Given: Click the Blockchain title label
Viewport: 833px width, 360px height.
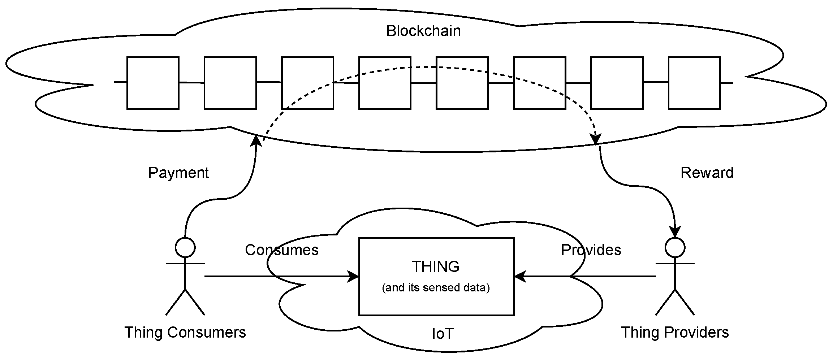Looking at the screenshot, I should tap(423, 31).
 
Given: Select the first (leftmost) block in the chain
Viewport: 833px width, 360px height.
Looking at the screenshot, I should tap(153, 83).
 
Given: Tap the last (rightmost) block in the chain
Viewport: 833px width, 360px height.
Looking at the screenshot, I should tap(694, 83).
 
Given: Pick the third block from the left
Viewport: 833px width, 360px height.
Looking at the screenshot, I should tap(307, 83).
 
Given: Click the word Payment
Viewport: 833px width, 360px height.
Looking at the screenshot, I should tap(178, 173).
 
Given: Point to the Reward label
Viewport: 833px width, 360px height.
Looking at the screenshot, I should tap(707, 173).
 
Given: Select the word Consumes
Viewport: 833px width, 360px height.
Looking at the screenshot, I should tap(282, 250).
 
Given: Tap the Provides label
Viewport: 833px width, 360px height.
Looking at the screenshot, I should tap(591, 250).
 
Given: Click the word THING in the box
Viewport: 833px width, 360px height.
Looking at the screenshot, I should tap(436, 266).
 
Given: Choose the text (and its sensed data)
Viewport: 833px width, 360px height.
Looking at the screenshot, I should tap(436, 287).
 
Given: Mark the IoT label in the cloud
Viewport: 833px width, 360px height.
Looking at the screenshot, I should tap(443, 334).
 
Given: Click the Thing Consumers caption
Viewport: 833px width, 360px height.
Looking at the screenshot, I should tap(185, 332).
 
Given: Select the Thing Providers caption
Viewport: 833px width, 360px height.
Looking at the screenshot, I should tap(675, 332).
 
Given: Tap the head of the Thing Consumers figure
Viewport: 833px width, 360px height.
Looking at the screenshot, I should tap(185, 248).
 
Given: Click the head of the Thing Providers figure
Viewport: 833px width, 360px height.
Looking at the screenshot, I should tap(675, 248).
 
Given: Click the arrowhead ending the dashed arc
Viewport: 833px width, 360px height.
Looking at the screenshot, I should tap(595, 139).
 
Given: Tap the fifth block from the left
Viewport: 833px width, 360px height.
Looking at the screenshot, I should tap(462, 83).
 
